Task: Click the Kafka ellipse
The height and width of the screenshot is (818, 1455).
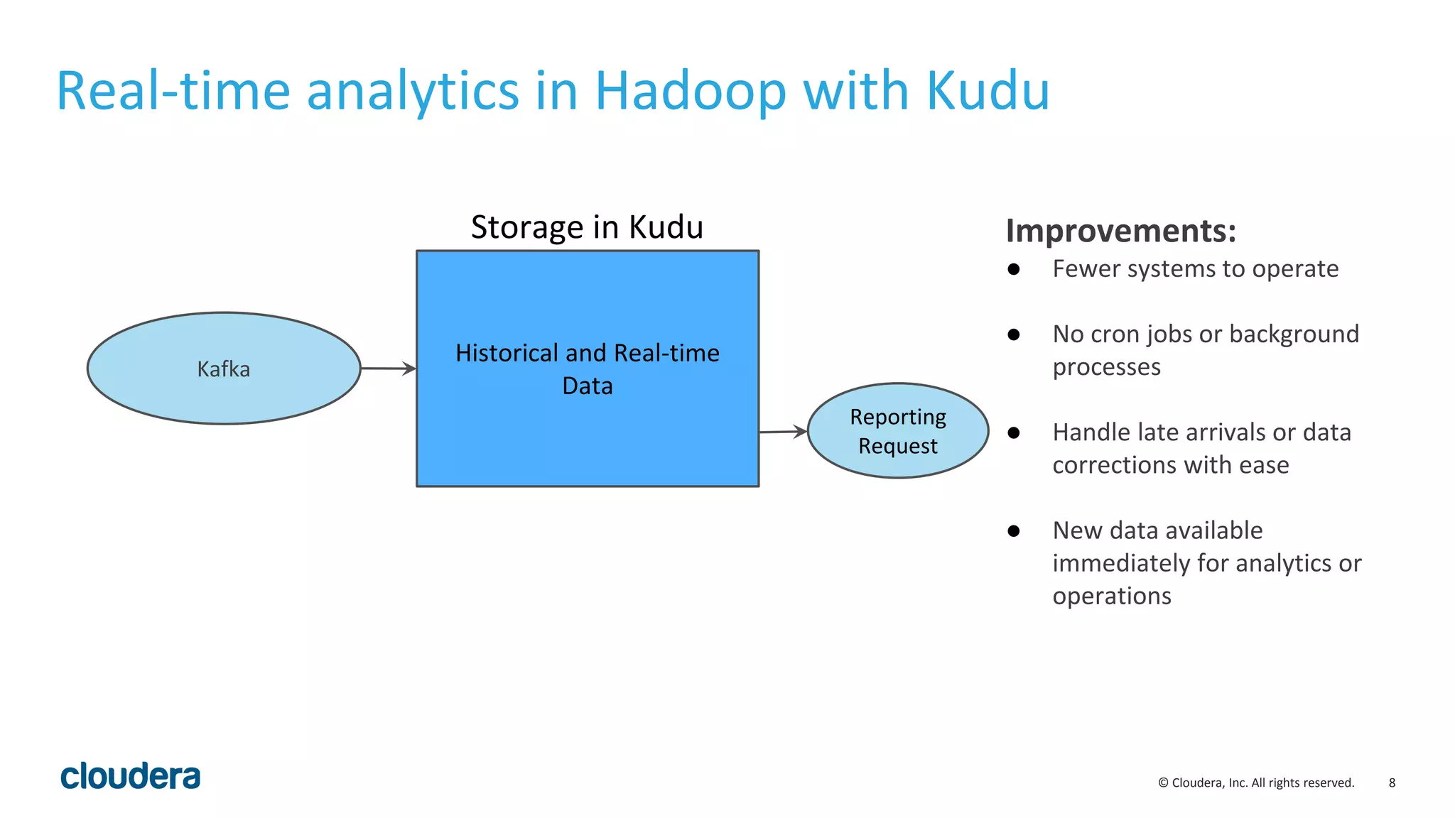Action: pyautogui.click(x=223, y=369)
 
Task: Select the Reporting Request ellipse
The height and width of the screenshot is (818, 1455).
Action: pyautogui.click(x=897, y=431)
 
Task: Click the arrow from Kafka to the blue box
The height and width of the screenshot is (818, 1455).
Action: pyautogui.click(x=388, y=369)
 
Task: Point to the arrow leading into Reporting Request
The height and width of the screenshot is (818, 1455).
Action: pyautogui.click(x=782, y=431)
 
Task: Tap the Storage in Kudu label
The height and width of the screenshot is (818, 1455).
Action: pyautogui.click(x=587, y=227)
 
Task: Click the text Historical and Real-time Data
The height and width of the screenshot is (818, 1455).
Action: pyautogui.click(x=587, y=369)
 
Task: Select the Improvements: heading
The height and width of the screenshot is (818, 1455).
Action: pyautogui.click(x=1120, y=231)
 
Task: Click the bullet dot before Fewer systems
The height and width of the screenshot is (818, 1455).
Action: pyautogui.click(x=1014, y=269)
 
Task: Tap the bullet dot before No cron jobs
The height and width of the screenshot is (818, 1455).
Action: pyautogui.click(x=1014, y=334)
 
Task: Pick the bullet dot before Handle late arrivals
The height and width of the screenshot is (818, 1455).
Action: pyautogui.click(x=1014, y=432)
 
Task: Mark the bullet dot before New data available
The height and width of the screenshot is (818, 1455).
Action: pyautogui.click(x=1014, y=530)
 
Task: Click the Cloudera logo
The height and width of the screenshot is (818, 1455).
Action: pyautogui.click(x=131, y=776)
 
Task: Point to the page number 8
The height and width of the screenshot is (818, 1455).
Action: pyautogui.click(x=1392, y=782)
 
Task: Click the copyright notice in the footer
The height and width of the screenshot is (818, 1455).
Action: pyautogui.click(x=1256, y=782)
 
